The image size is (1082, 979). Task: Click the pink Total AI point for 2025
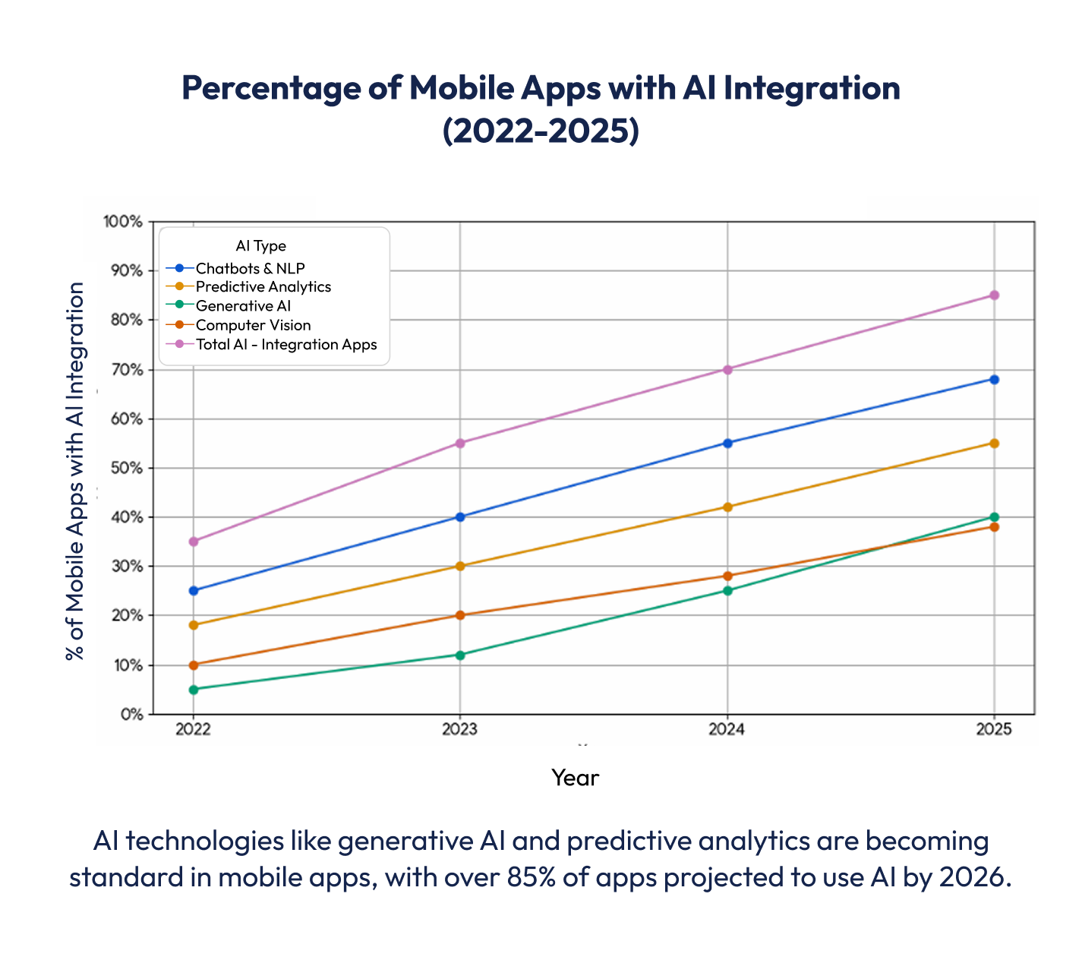tap(994, 295)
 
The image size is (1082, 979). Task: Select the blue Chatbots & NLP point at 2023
tap(459, 517)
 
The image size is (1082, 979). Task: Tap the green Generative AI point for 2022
tap(194, 690)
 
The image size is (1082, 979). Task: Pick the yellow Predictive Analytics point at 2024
tap(727, 507)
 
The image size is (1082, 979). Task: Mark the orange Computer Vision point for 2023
tap(459, 615)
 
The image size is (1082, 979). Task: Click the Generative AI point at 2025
tap(994, 517)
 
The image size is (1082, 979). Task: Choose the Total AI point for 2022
tap(194, 542)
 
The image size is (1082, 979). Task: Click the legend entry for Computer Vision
tap(253, 325)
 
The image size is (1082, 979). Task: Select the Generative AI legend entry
tap(243, 306)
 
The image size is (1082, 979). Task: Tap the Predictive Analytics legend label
tap(263, 287)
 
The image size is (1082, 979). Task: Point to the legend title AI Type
tap(260, 246)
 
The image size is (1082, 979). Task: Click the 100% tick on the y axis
tap(123, 222)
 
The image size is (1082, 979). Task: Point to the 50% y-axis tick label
tap(126, 468)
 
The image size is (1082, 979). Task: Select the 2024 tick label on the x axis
tap(727, 729)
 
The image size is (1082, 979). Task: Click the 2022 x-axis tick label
tap(194, 729)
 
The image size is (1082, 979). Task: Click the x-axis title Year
tap(575, 778)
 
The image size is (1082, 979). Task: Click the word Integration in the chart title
tap(811, 88)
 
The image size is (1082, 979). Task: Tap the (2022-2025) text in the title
tap(541, 131)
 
